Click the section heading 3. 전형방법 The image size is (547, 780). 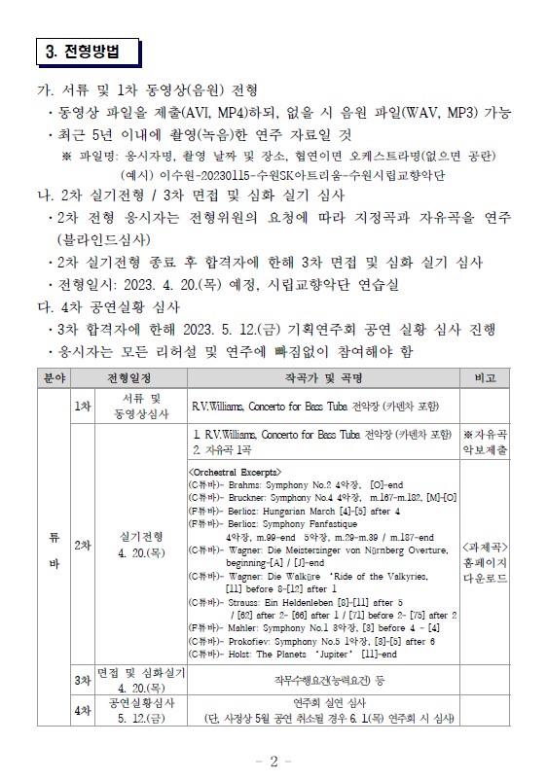[89, 51]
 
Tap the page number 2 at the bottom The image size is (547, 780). [273, 761]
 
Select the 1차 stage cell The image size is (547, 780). [81, 406]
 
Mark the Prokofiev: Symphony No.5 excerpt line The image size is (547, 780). [311, 641]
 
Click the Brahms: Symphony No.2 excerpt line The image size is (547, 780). [292, 483]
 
